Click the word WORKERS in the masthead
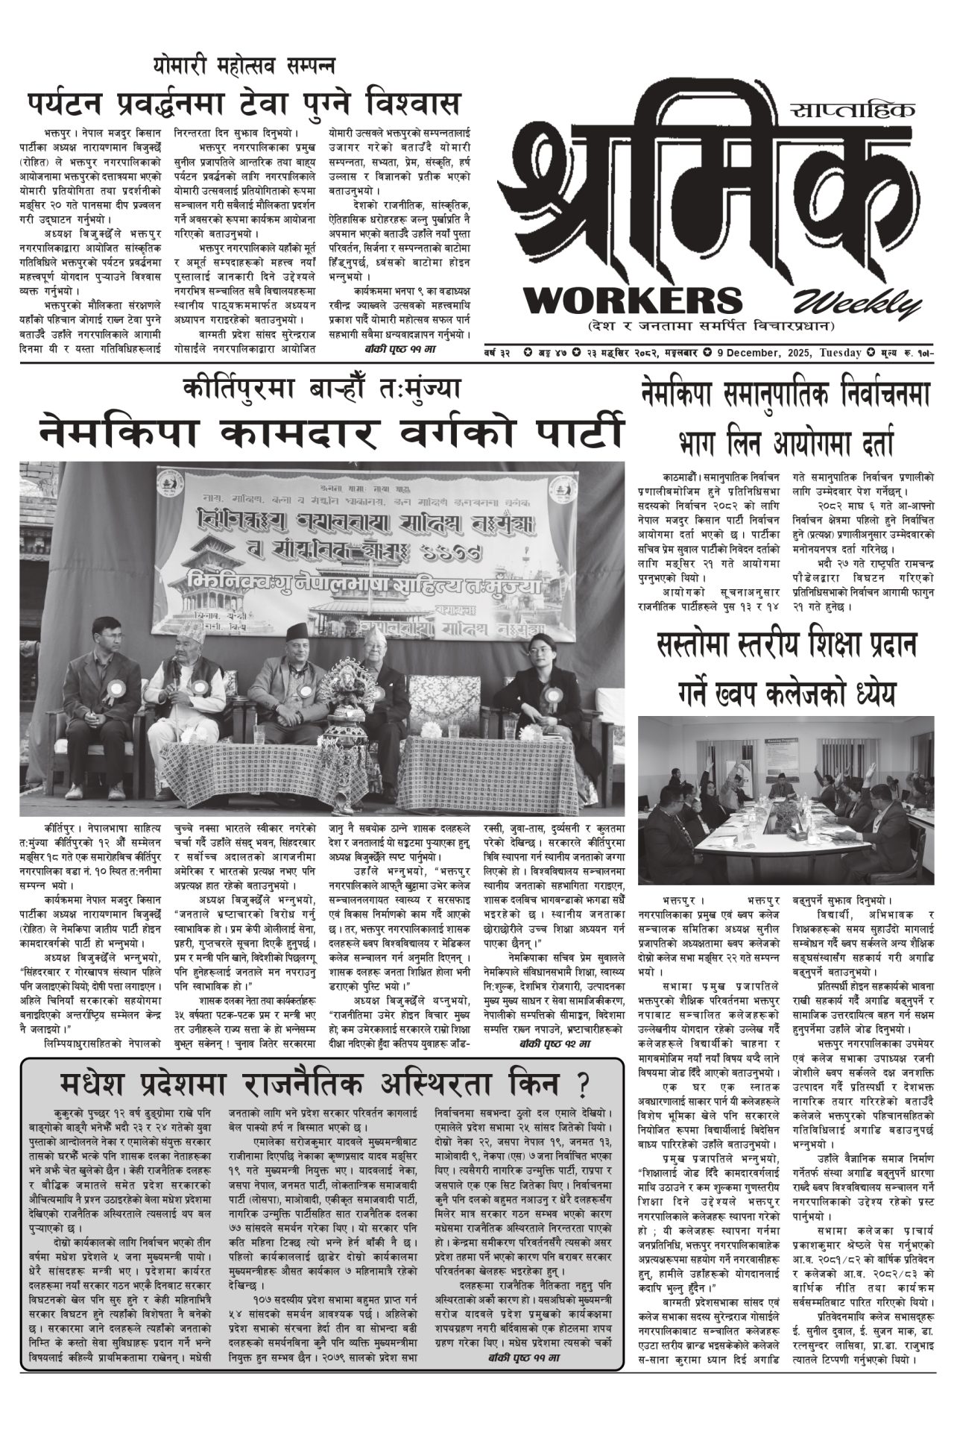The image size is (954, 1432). click(634, 300)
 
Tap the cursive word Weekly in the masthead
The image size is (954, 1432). click(857, 302)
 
